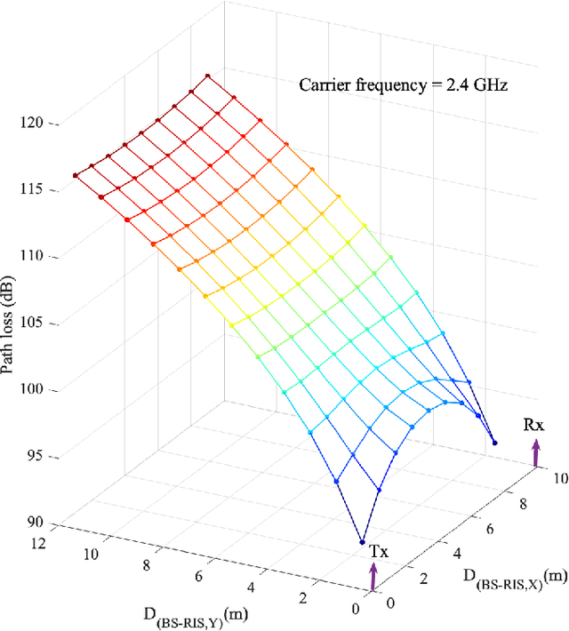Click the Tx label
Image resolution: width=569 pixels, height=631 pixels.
coord(378,552)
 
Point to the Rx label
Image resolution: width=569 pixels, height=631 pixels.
coord(533,424)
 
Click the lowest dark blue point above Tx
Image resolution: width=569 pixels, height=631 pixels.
coord(362,541)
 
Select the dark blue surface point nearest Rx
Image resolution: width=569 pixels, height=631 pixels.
coord(495,443)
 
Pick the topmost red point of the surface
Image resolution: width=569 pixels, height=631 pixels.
coord(206,76)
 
